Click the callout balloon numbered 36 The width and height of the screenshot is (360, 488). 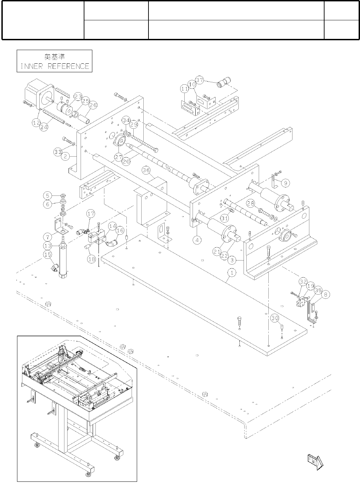[146, 170]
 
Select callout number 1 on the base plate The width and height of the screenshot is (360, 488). [232, 273]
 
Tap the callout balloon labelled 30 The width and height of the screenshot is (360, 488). [275, 318]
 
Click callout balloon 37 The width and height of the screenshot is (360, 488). [200, 80]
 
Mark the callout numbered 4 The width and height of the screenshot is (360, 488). [197, 240]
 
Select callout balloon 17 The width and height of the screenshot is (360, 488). [91, 214]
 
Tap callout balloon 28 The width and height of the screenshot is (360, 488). [251, 203]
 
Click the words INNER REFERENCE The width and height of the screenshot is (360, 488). [55, 66]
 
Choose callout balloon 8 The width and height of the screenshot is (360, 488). [326, 294]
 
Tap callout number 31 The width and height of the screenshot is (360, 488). [225, 218]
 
